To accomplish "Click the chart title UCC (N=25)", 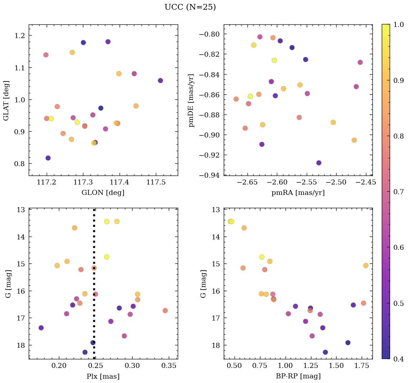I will (x=190, y=7).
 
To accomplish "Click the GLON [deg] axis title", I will (x=103, y=193).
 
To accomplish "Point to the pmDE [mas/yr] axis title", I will (x=191, y=101).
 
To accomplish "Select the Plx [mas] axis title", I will (x=103, y=376).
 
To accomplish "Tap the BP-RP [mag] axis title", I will (x=298, y=376).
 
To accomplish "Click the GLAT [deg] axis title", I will (x=6, y=101).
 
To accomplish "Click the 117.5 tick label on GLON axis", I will (x=156, y=183).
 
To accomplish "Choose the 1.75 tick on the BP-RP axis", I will (x=361, y=366).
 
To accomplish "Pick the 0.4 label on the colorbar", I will (x=399, y=359).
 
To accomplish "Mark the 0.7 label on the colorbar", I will (x=399, y=191).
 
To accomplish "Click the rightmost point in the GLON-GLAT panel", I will (x=160, y=80).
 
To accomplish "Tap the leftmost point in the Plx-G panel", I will (x=41, y=328).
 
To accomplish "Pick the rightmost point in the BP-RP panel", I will (x=366, y=266).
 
